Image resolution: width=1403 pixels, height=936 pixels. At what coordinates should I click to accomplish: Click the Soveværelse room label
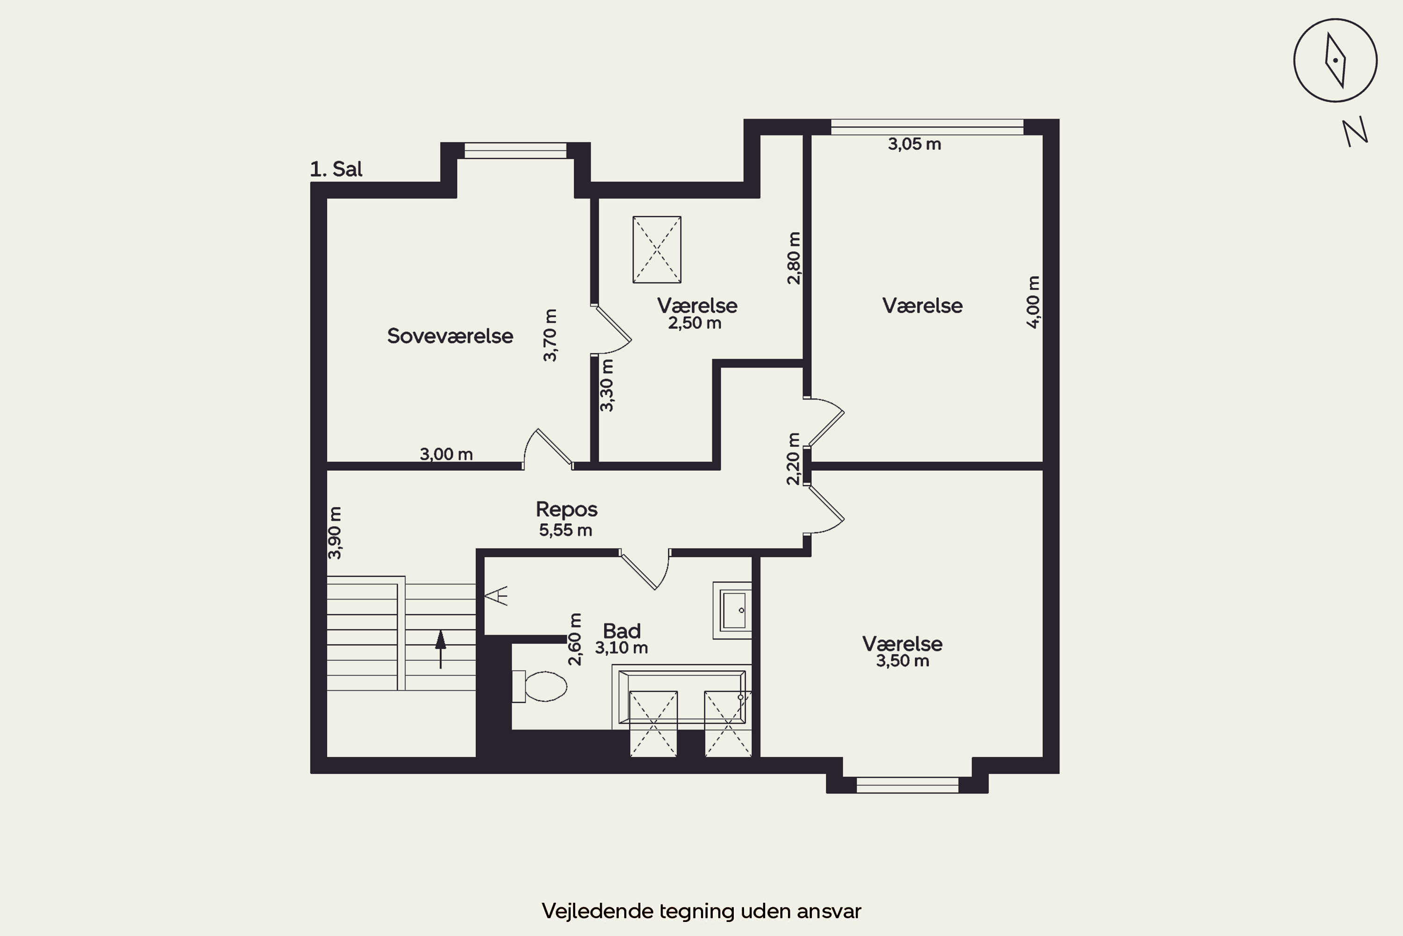[x=450, y=336]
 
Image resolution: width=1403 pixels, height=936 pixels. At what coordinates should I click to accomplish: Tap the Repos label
[x=566, y=509]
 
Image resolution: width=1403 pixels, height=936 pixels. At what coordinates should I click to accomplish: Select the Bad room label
[x=622, y=631]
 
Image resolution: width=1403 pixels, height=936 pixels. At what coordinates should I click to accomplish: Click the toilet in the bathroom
[x=540, y=686]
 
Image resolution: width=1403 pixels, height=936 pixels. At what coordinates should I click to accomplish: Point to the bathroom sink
[x=732, y=610]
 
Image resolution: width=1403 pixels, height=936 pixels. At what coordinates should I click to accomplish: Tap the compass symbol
[x=1335, y=60]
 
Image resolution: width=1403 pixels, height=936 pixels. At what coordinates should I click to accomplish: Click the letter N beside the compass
[x=1355, y=132]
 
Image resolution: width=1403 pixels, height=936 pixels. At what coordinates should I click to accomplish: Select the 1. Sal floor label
[x=336, y=169]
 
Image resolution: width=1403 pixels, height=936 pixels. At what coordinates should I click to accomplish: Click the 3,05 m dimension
[x=914, y=144]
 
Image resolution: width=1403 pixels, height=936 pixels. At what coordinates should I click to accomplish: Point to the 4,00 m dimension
[x=1033, y=301]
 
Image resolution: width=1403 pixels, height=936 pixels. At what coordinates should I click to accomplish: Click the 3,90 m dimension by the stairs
[x=335, y=533]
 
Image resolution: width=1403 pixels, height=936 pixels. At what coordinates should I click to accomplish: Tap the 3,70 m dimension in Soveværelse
[x=550, y=335]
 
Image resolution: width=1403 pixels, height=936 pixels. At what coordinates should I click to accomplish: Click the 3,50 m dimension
[x=903, y=661]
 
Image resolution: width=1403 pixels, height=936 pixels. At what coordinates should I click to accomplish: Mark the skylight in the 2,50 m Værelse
[x=657, y=249]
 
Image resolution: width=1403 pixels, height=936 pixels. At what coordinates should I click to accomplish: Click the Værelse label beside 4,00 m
[x=922, y=306]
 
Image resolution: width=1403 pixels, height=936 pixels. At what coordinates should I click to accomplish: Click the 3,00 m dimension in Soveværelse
[x=446, y=454]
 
